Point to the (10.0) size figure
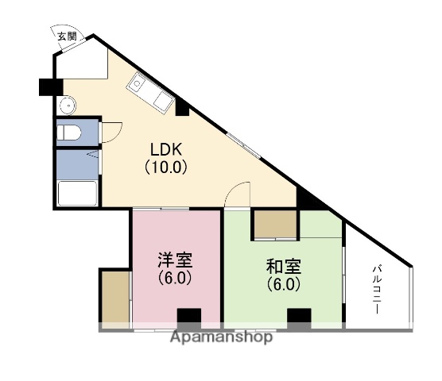tap(165, 167)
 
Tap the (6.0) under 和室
tap(283, 285)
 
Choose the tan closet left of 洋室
tap(114, 298)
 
